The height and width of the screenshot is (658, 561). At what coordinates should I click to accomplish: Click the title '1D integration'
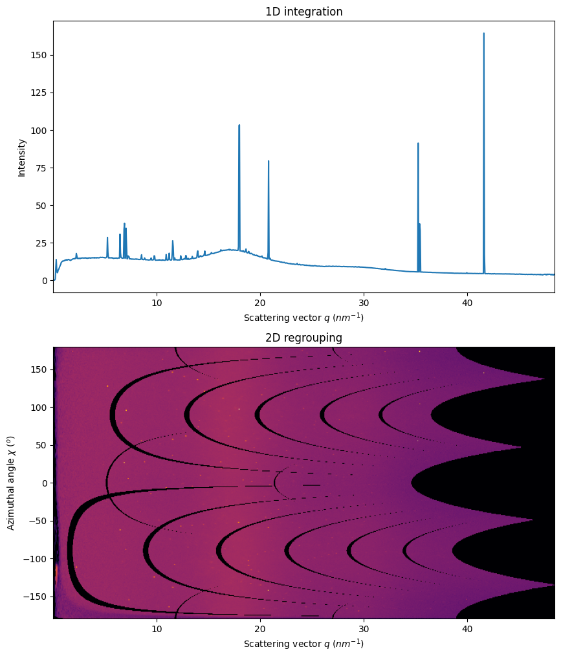pos(303,12)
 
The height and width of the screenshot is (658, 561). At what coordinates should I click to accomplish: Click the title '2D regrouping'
pos(303,338)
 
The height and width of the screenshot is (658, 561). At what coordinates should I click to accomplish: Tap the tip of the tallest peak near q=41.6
pos(483,33)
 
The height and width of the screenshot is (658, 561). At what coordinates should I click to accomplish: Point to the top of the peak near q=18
pos(239,125)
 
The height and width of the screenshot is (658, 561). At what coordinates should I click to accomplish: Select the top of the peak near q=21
pos(269,161)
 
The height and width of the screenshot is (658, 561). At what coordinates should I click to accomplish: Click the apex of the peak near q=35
pos(418,143)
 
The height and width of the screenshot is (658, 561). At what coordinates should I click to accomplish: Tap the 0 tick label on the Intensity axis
pos(44,281)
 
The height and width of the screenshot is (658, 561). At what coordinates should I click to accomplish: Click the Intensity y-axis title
pos(22,158)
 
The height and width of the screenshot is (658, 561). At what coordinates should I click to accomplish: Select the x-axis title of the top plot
pos(303,318)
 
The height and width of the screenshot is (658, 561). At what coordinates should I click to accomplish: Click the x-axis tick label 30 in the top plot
pos(364,302)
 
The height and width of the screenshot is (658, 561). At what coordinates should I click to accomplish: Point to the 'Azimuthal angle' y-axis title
pos(11,483)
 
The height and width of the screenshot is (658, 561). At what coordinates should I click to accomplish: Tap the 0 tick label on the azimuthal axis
pos(44,483)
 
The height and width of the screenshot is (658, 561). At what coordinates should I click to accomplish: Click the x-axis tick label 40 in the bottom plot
pos(467,628)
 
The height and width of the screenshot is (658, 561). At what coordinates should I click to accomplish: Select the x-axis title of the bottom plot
pos(303,644)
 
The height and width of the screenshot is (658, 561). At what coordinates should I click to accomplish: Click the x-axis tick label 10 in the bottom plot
pos(157,628)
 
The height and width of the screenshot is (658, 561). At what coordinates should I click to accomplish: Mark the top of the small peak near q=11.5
pos(173,241)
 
